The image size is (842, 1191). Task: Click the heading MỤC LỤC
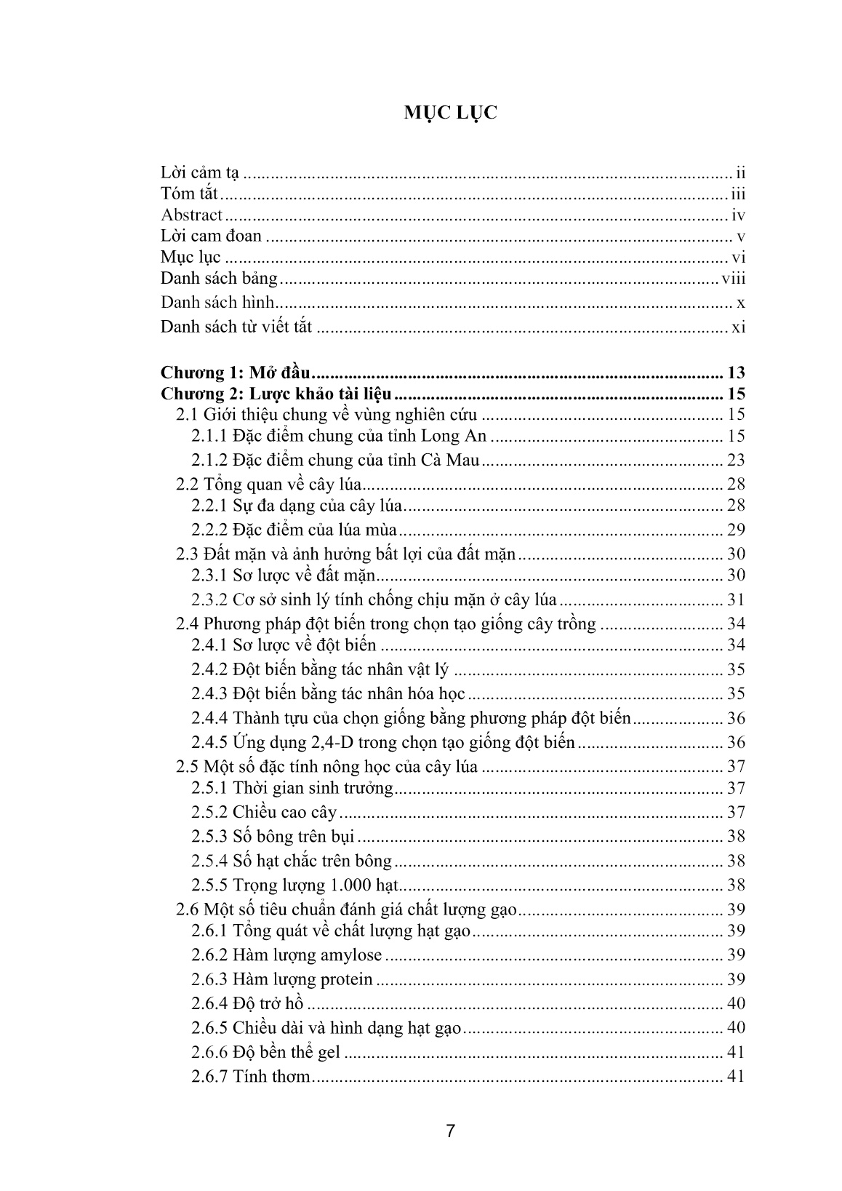point(451,113)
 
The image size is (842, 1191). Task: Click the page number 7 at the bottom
point(450,1131)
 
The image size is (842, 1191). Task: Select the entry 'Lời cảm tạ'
point(200,173)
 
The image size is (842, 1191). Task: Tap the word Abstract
point(191,215)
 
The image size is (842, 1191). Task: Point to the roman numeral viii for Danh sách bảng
point(733,279)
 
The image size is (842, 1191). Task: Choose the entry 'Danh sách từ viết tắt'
point(236,327)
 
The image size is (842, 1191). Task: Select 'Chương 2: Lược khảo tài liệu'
point(276,394)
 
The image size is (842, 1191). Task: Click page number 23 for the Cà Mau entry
point(736,460)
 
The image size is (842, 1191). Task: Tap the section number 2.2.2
point(209,530)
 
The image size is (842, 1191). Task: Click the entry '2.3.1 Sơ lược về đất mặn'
point(284,575)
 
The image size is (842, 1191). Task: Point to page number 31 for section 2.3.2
point(736,600)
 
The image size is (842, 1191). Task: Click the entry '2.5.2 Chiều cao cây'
point(265,813)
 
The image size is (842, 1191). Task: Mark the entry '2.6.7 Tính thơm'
point(251,1077)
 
